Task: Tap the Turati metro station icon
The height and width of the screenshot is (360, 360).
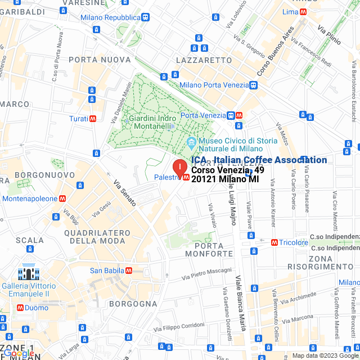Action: (92, 119)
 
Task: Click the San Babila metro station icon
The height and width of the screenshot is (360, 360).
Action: (129, 271)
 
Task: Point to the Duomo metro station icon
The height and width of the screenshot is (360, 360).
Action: (21, 308)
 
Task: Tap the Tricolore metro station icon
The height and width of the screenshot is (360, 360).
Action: (274, 242)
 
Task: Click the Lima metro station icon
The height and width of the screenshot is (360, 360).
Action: (303, 12)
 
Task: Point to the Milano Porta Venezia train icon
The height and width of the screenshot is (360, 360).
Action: (254, 85)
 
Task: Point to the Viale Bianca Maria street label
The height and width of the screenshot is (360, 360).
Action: (241, 303)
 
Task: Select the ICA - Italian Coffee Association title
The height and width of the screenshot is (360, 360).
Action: (259, 160)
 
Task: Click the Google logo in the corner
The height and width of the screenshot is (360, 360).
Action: (18, 353)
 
